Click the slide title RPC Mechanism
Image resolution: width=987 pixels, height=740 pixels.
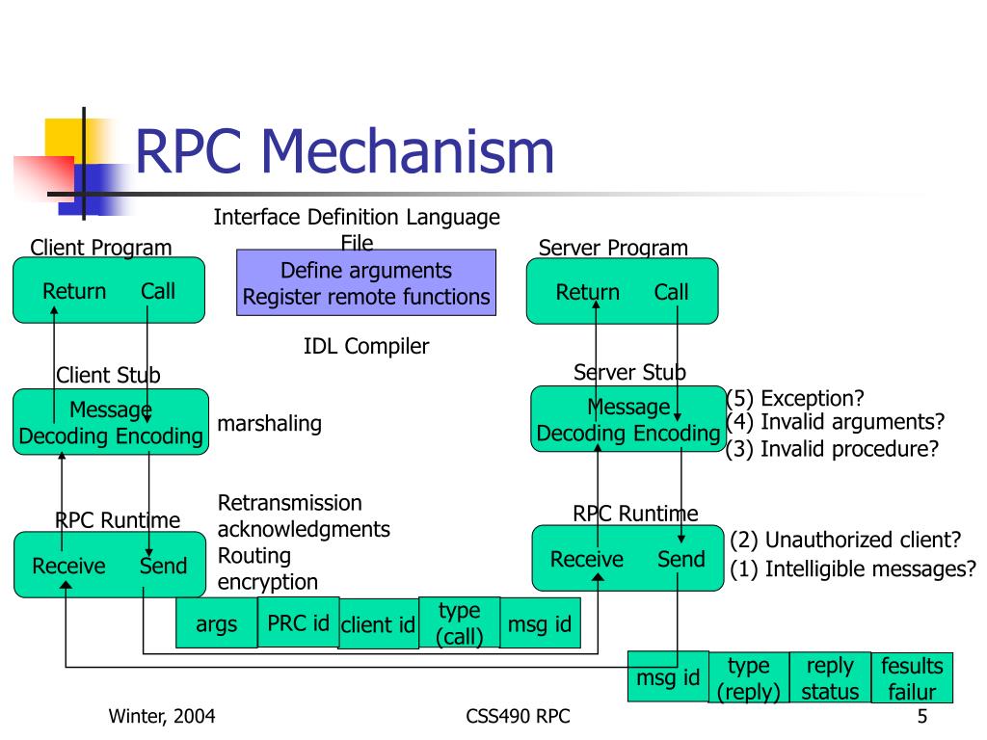coord(344,151)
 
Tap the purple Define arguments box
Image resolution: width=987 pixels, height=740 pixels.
coord(366,282)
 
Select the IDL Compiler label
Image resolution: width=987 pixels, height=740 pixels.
coord(366,346)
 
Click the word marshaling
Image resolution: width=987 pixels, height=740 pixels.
coord(270,424)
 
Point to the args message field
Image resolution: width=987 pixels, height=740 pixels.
coord(217,623)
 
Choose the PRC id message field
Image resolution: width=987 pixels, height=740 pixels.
coord(299,622)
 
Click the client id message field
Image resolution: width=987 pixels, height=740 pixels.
coord(378,623)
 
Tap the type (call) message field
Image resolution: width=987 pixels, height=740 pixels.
coord(460,622)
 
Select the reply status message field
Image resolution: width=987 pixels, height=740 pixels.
coord(830,677)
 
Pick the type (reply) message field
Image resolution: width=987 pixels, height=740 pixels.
coord(749,677)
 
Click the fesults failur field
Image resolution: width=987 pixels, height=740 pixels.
coord(912,677)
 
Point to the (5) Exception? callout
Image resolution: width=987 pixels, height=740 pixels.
coord(795,398)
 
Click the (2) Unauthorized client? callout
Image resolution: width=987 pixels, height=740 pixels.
coord(845,540)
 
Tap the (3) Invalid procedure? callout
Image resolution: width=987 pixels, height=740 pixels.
coord(832,449)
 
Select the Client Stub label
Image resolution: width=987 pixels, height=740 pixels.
coord(108,375)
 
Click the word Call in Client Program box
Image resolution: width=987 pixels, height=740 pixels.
coord(158,291)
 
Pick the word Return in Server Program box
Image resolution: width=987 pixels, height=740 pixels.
coord(587,292)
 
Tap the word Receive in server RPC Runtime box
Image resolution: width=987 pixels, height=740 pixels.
coord(587,559)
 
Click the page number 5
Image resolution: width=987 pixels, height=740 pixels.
coord(922,716)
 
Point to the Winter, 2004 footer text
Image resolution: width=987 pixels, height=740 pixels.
coord(162,716)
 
